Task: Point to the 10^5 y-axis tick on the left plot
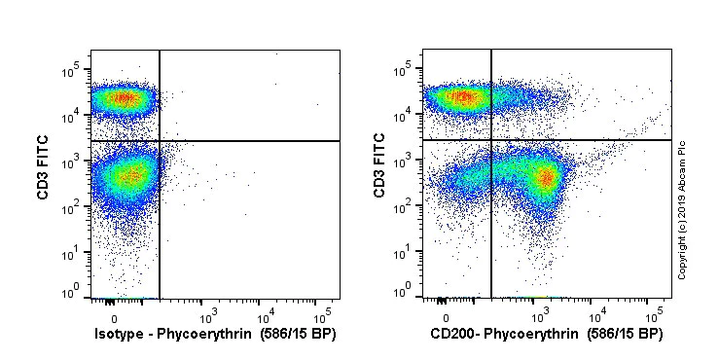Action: click(71, 72)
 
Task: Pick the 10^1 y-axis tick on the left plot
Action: click(71, 253)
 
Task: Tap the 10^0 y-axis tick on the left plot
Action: click(71, 293)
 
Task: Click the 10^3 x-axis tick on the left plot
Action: click(207, 316)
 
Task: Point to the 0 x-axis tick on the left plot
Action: click(114, 316)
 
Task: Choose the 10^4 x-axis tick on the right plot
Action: click(598, 316)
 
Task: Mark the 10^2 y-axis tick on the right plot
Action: click(407, 207)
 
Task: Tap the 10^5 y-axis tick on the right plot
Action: click(407, 71)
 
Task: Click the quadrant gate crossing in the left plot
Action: click(159, 141)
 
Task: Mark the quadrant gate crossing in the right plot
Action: click(491, 140)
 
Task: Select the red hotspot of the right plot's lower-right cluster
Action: click(546, 177)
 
